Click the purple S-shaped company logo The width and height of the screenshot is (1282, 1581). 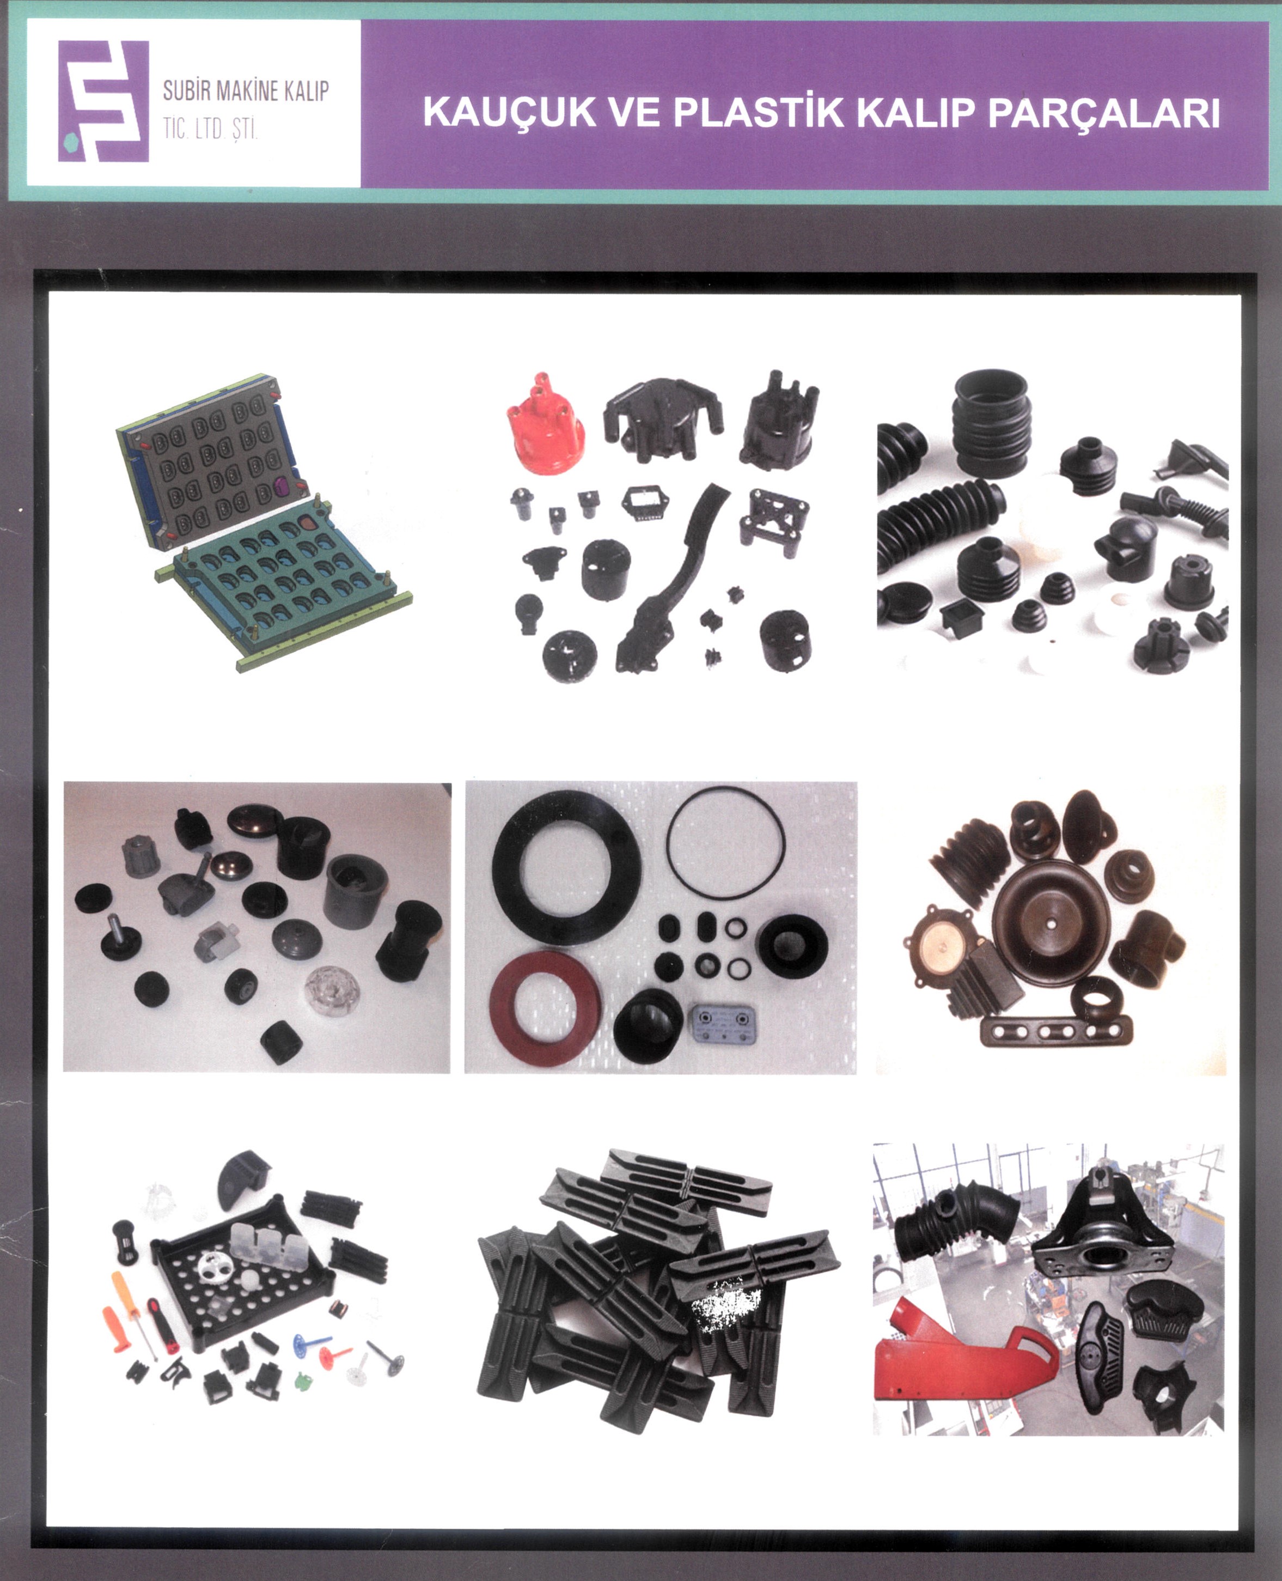tap(103, 101)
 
